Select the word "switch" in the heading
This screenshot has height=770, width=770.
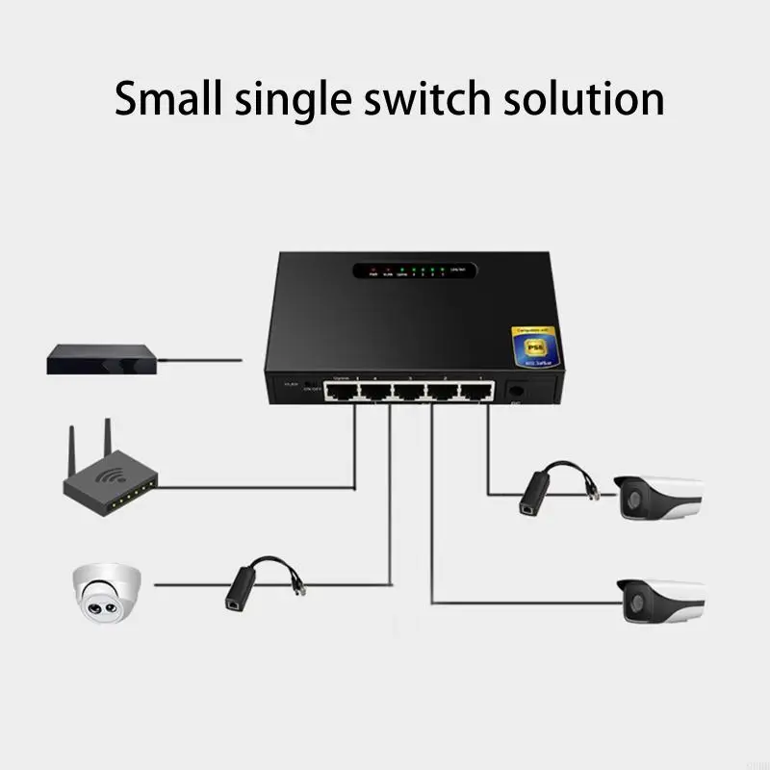click(427, 99)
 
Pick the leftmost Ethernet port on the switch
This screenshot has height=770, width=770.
click(338, 391)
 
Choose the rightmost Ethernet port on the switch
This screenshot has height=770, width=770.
click(475, 391)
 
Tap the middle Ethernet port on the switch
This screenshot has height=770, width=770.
click(407, 391)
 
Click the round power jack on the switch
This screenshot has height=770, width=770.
click(516, 390)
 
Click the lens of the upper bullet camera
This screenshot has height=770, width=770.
click(633, 499)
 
